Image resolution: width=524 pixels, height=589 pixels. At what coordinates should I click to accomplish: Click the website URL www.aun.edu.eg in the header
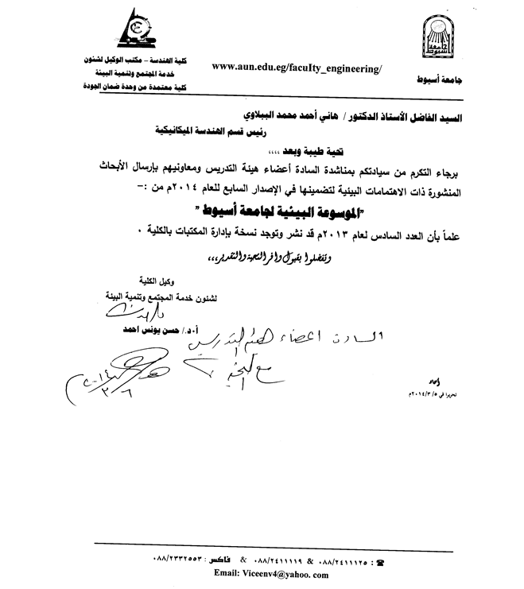click(297, 69)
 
